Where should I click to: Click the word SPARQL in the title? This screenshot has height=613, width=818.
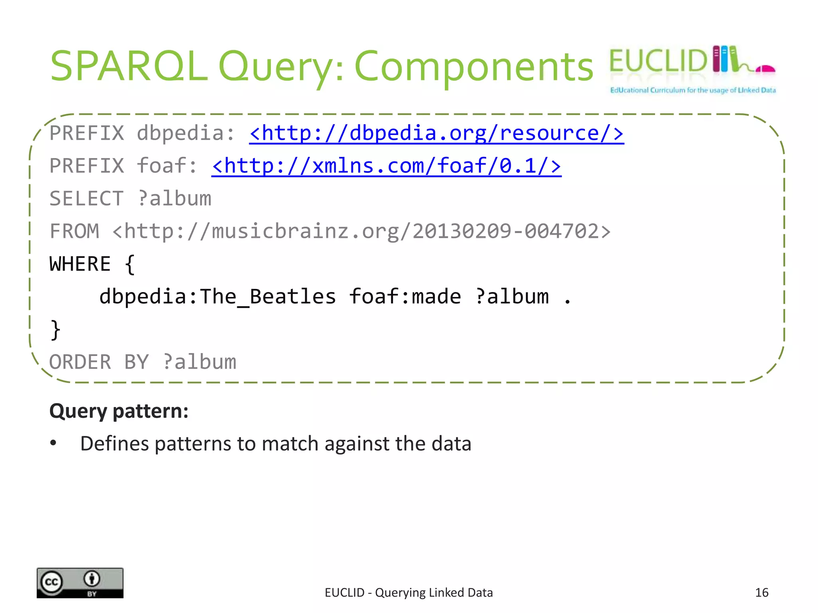129,66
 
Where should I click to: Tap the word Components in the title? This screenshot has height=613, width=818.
474,67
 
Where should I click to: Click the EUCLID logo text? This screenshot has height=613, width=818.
658,61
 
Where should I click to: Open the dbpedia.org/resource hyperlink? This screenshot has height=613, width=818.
436,133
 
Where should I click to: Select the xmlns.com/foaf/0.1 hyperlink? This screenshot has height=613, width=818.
386,166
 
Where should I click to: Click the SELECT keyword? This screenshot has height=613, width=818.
86,199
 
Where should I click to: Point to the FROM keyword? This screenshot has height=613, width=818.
74,231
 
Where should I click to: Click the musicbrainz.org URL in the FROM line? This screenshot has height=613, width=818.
361,231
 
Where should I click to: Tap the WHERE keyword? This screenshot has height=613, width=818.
80,264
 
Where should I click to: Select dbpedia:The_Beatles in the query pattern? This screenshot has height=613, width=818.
218,297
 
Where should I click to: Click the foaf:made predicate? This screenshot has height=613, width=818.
405,297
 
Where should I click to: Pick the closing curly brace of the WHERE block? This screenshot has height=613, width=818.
56,330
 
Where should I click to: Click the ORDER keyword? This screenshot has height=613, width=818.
80,362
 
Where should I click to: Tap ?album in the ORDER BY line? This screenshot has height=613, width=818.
199,362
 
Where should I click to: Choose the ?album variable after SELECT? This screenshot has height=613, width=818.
175,199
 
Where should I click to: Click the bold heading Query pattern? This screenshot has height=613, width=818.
119,411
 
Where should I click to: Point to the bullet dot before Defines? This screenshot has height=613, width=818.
54,443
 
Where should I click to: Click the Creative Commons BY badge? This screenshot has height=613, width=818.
80,583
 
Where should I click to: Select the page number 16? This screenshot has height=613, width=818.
762,593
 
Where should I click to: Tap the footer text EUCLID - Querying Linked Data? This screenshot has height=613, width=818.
409,593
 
